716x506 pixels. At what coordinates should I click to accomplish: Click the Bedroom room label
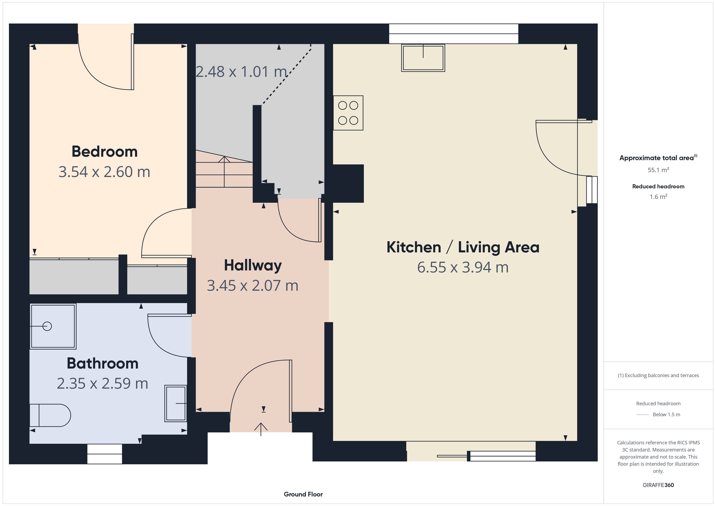pos(105,152)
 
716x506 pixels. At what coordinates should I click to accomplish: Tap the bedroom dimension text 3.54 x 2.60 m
pos(105,172)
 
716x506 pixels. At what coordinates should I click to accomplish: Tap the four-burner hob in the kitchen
pos(348,113)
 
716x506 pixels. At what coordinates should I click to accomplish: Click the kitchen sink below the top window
pos(423,58)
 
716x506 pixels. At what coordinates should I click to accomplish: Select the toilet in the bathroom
pos(50,415)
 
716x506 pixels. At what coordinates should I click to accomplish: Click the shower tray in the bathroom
pos(53,326)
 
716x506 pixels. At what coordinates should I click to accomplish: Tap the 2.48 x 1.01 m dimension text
pos(241,72)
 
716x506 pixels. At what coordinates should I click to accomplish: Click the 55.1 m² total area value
pos(658,170)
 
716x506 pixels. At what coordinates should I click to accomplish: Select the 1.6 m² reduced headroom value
pos(658,197)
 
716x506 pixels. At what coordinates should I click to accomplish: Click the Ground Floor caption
pos(303,494)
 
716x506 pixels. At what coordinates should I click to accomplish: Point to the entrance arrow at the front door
pos(261,429)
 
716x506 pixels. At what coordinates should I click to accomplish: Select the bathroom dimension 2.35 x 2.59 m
pos(103,384)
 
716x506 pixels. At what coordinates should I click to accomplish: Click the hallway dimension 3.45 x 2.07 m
pos(253,286)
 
